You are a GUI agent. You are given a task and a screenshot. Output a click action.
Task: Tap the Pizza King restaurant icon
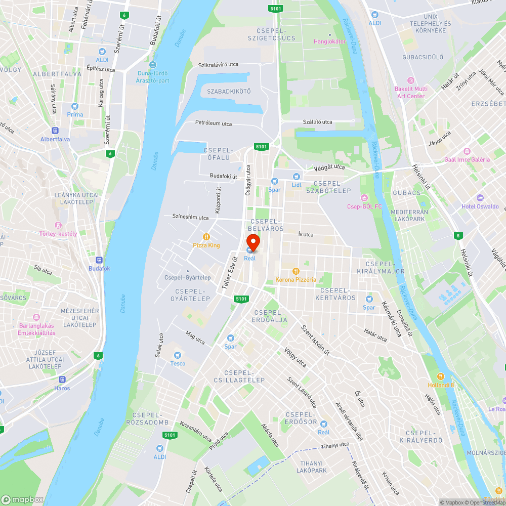point(206,237)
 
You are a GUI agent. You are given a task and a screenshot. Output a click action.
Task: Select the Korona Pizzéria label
point(296,279)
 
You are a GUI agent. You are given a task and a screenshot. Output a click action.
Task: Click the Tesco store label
point(178,363)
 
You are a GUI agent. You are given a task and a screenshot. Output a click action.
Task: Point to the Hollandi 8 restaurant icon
point(441,376)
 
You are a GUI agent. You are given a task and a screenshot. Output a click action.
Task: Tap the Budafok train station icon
point(99,260)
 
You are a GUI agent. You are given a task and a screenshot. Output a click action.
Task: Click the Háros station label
point(62,388)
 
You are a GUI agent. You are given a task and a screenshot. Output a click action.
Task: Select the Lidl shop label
point(297,184)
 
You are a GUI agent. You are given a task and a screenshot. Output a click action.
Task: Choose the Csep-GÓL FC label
point(364,206)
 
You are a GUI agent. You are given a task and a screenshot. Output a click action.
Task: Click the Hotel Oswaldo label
point(480,206)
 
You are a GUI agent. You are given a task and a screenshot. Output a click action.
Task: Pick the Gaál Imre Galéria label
point(467,159)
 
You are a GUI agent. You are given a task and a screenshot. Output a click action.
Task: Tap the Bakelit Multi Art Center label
point(410,92)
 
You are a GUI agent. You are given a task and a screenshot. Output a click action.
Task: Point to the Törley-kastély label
point(58,233)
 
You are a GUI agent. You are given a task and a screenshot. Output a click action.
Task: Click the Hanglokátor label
point(330,41)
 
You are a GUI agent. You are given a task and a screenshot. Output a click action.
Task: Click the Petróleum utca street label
point(214,123)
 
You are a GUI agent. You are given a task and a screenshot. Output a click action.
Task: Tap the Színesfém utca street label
point(190,218)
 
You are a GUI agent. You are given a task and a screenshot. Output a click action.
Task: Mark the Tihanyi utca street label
point(335,445)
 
